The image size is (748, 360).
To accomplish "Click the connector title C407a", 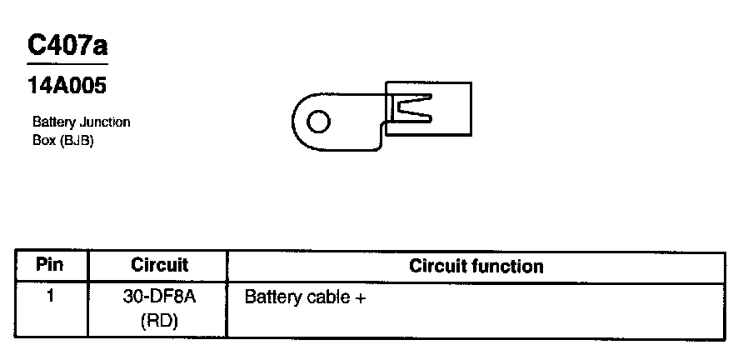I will tap(67, 46).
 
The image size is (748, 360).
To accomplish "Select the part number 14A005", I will tap(67, 85).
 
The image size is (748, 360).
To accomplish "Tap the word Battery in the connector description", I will tap(53, 122).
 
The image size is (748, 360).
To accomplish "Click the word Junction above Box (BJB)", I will tap(104, 122).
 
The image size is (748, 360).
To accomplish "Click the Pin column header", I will tap(50, 266).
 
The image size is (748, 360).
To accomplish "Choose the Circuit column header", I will tap(159, 266).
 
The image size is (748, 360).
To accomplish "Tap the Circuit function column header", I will tap(476, 267).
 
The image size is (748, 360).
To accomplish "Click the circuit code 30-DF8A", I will tap(159, 297).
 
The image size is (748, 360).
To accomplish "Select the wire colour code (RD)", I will tap(159, 320).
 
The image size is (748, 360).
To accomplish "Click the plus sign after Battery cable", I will tap(361, 297).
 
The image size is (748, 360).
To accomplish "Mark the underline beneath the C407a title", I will tap(67, 64).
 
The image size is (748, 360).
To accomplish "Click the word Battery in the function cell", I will tap(272, 297).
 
